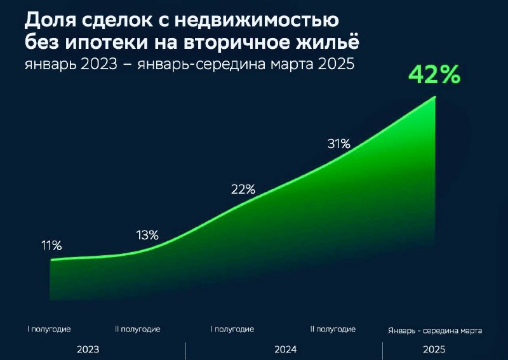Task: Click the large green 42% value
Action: pyautogui.click(x=434, y=75)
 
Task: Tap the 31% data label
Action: pyautogui.click(x=339, y=143)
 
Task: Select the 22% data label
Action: pyautogui.click(x=243, y=189)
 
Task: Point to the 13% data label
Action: pyautogui.click(x=147, y=236)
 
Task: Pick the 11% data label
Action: pyautogui.click(x=51, y=246)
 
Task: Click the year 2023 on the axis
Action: pyautogui.click(x=88, y=350)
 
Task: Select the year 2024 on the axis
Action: pyautogui.click(x=285, y=350)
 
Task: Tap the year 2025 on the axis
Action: pyautogui.click(x=434, y=350)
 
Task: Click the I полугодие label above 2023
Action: pyautogui.click(x=49, y=330)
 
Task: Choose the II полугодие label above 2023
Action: pyautogui.click(x=138, y=330)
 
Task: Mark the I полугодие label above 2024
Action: pyautogui.click(x=232, y=330)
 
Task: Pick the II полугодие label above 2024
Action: pyautogui.click(x=333, y=330)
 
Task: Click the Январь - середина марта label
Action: pyautogui.click(x=435, y=331)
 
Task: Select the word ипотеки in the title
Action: pyautogui.click(x=106, y=43)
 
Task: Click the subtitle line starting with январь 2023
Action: pyautogui.click(x=189, y=64)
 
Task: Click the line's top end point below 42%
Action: pyautogui.click(x=435, y=97)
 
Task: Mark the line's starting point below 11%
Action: pyautogui.click(x=51, y=260)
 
